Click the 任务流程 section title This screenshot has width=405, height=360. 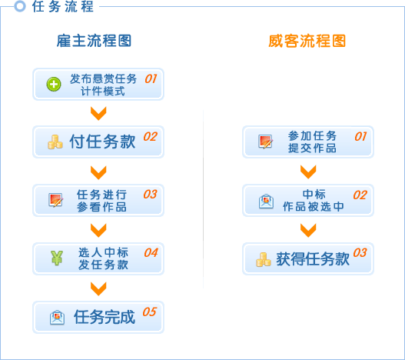(62, 6)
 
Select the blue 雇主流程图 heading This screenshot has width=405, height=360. (94, 41)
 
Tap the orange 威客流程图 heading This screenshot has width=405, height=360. (307, 41)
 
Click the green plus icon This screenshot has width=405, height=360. (54, 85)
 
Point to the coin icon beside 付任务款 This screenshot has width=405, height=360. (55, 142)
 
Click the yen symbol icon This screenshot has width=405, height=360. (57, 258)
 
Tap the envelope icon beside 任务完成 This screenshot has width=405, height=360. (57, 318)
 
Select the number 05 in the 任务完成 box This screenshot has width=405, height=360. (150, 312)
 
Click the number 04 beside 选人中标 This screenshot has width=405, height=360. (151, 252)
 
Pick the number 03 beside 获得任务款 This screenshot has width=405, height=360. (360, 252)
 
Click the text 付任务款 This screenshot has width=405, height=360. (102, 142)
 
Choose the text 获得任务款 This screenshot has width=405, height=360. (313, 259)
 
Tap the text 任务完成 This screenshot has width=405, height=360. (105, 317)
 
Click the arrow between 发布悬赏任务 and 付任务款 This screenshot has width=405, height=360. (98, 113)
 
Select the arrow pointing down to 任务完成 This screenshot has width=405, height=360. (98, 288)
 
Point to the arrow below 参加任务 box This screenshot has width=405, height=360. (308, 172)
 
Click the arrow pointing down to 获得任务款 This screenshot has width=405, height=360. (308, 230)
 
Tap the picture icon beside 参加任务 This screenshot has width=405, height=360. (266, 142)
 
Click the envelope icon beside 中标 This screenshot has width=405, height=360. (266, 202)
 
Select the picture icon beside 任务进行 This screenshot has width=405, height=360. (56, 200)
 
